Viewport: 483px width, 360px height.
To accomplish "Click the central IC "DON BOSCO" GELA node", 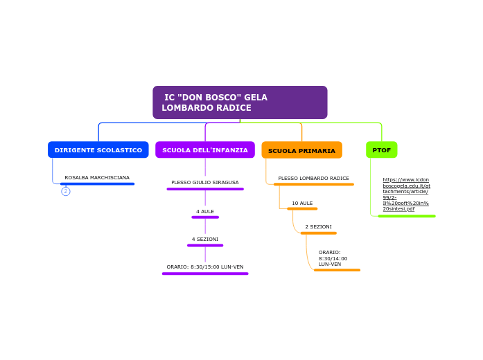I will click(x=240, y=102).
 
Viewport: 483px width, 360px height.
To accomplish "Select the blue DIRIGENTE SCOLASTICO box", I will click(x=98, y=150).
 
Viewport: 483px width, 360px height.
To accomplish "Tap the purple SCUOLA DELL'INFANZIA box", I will click(x=204, y=150).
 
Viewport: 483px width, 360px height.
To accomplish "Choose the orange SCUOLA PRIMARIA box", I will click(x=301, y=150).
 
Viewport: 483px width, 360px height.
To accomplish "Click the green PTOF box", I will click(x=381, y=150).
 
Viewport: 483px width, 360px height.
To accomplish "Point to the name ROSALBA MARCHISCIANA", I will click(x=97, y=178).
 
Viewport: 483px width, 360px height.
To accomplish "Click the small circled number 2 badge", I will click(x=66, y=192).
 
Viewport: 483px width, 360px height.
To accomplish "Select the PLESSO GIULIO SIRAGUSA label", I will click(x=204, y=183).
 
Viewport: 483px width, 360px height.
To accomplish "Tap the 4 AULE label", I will click(x=204, y=211).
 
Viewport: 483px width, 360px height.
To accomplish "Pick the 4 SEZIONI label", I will click(x=204, y=239).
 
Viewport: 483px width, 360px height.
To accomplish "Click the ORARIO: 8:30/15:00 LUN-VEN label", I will click(x=204, y=267).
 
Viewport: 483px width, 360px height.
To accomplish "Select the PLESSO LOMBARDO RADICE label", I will click(x=313, y=179).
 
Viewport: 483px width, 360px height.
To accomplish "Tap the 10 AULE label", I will click(x=302, y=204).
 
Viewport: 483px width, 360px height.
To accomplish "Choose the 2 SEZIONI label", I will click(x=318, y=227).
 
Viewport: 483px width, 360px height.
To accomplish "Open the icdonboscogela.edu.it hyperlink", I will click(x=406, y=194).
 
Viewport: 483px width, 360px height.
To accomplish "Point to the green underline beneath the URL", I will click(x=407, y=216).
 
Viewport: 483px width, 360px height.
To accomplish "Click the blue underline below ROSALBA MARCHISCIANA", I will click(x=97, y=184).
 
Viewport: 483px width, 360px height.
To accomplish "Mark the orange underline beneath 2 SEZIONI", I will click(x=318, y=233).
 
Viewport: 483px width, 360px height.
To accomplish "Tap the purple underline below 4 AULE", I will click(x=204, y=217).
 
